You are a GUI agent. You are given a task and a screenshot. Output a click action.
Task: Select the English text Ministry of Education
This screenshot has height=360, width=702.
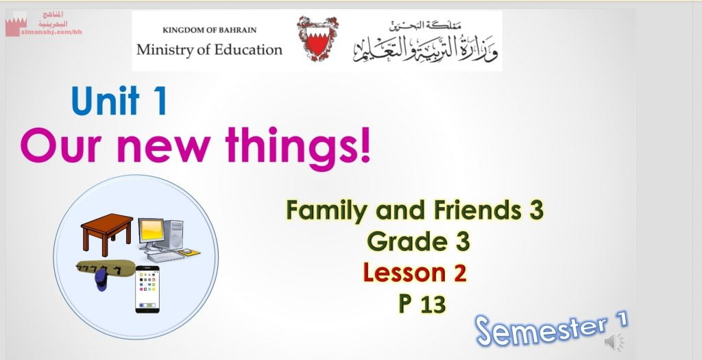(x=209, y=49)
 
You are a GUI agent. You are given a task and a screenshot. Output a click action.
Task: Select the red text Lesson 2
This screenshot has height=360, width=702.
(x=415, y=273)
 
